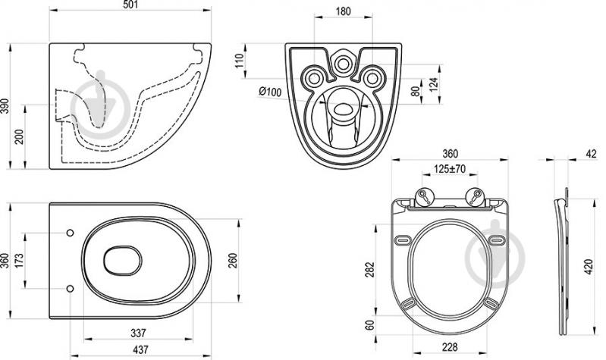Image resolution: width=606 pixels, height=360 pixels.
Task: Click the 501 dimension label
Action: coord(130,5)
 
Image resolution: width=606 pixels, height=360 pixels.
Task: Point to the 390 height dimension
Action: coord(5,106)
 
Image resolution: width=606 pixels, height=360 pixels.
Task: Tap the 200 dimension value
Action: coord(19,136)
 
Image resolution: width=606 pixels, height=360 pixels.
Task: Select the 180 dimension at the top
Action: coord(343,11)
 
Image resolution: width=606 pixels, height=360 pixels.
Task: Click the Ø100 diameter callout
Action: coord(270,92)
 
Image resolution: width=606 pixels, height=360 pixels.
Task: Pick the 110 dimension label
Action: coord(240,61)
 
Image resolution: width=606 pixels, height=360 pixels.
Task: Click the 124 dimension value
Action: coord(434,85)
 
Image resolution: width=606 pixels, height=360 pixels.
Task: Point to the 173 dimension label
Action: coord(19,261)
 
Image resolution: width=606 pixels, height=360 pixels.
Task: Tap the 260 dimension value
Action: coord(233,261)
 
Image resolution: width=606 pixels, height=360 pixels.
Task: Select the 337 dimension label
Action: coord(138,333)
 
